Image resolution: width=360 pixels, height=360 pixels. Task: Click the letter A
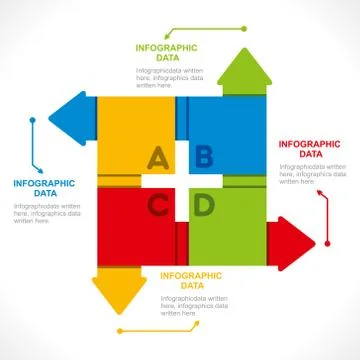coord(157,157)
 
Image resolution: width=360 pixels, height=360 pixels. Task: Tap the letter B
coord(203,155)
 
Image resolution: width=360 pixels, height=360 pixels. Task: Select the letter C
coord(158,206)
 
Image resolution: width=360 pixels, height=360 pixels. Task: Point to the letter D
coord(203,206)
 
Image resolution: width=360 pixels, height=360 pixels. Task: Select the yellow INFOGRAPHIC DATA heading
coord(190,280)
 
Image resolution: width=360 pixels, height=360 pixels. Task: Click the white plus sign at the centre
coord(181,181)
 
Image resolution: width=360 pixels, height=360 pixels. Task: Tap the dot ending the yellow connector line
coord(118,330)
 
